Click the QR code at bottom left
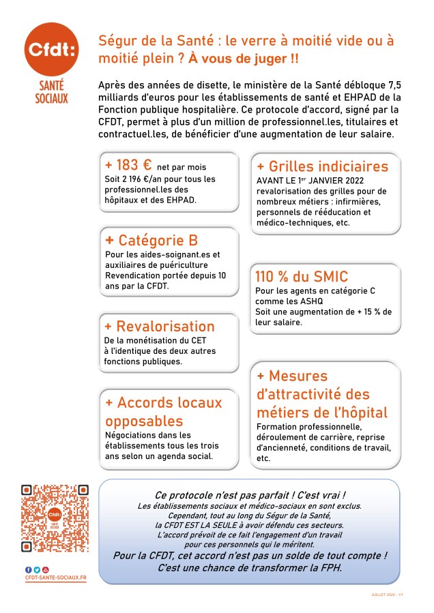coord(55,518)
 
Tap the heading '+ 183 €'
coord(128,165)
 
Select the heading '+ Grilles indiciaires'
coord(322,166)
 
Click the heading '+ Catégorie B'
coord(151,240)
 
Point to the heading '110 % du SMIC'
coord(302,277)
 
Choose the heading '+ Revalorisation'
coord(159,326)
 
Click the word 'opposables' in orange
coord(144,420)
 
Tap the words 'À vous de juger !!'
coord(244,59)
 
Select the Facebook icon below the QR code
coord(29,569)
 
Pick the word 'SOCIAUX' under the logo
coord(52,99)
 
